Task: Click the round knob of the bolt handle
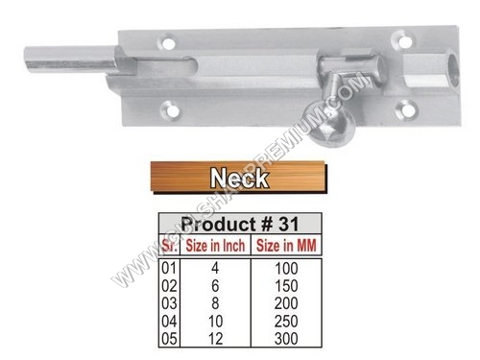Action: (x=332, y=128)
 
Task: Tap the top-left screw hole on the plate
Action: (x=168, y=43)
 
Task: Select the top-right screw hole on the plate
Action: (x=404, y=42)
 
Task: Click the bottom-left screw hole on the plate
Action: (x=172, y=111)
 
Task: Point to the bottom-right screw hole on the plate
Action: (x=407, y=110)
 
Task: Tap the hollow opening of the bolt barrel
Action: (x=454, y=70)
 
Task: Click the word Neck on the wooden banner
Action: (x=239, y=178)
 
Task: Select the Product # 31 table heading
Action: (x=240, y=224)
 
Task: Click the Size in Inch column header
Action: (x=215, y=246)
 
